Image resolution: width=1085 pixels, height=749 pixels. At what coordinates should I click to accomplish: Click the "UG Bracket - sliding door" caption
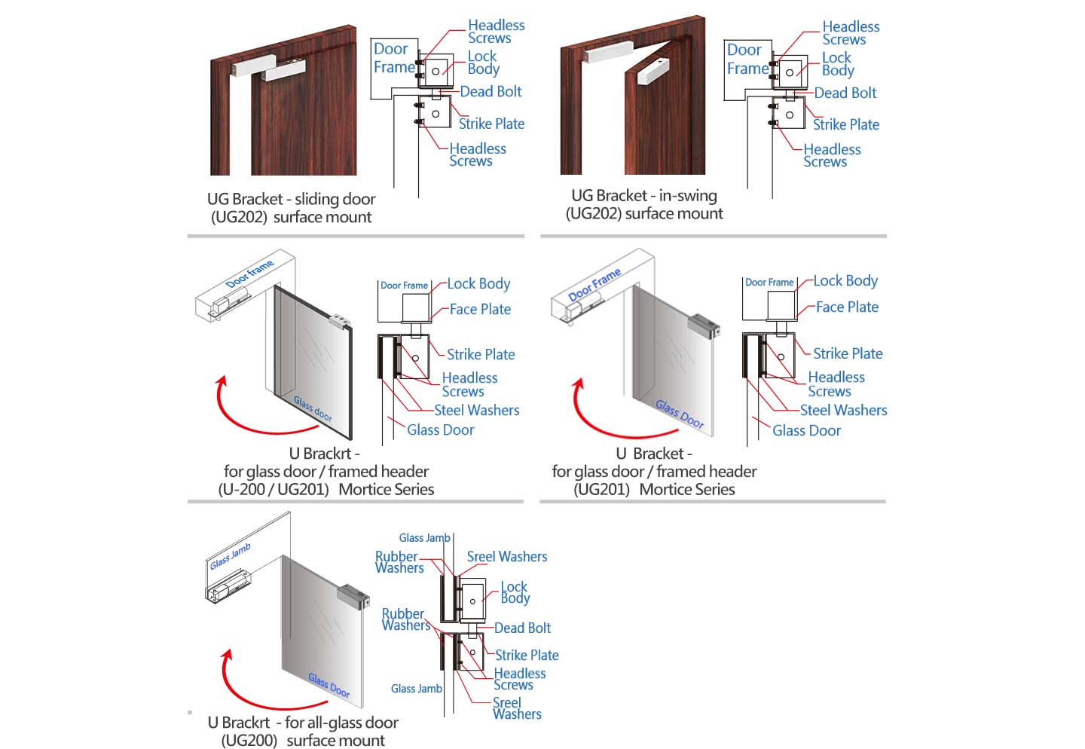tap(292, 199)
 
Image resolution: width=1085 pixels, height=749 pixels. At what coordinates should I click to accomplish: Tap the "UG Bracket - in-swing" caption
tap(644, 196)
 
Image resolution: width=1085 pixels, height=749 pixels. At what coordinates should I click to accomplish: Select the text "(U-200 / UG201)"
tap(274, 489)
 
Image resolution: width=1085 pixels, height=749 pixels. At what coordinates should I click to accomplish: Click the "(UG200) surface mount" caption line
tap(303, 740)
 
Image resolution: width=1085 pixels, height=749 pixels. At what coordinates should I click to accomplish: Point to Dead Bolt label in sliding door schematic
tap(491, 92)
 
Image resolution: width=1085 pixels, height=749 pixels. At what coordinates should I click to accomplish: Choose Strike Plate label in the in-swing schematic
tap(845, 124)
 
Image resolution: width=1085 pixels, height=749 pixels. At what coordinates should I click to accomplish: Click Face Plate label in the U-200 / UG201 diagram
tap(480, 309)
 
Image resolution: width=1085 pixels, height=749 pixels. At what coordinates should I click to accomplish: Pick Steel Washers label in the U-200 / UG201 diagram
tap(476, 410)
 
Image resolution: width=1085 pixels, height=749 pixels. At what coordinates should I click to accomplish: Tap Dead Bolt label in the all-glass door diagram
tap(522, 628)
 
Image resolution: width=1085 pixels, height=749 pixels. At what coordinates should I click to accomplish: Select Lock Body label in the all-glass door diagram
tap(515, 592)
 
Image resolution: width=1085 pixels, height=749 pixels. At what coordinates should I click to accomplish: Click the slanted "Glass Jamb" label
tap(230, 556)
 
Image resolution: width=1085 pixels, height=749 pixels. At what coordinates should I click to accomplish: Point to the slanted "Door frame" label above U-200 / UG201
tap(249, 274)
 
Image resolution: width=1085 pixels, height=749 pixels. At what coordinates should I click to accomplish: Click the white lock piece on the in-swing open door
tap(653, 69)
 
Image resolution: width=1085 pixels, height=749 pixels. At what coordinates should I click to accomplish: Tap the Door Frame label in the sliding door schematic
tap(393, 58)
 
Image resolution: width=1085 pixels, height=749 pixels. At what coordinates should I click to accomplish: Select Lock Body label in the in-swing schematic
tap(837, 64)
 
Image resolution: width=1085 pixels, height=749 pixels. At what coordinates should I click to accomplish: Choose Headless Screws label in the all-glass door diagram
tap(519, 679)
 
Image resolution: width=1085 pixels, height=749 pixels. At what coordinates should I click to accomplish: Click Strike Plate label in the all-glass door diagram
tap(527, 655)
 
